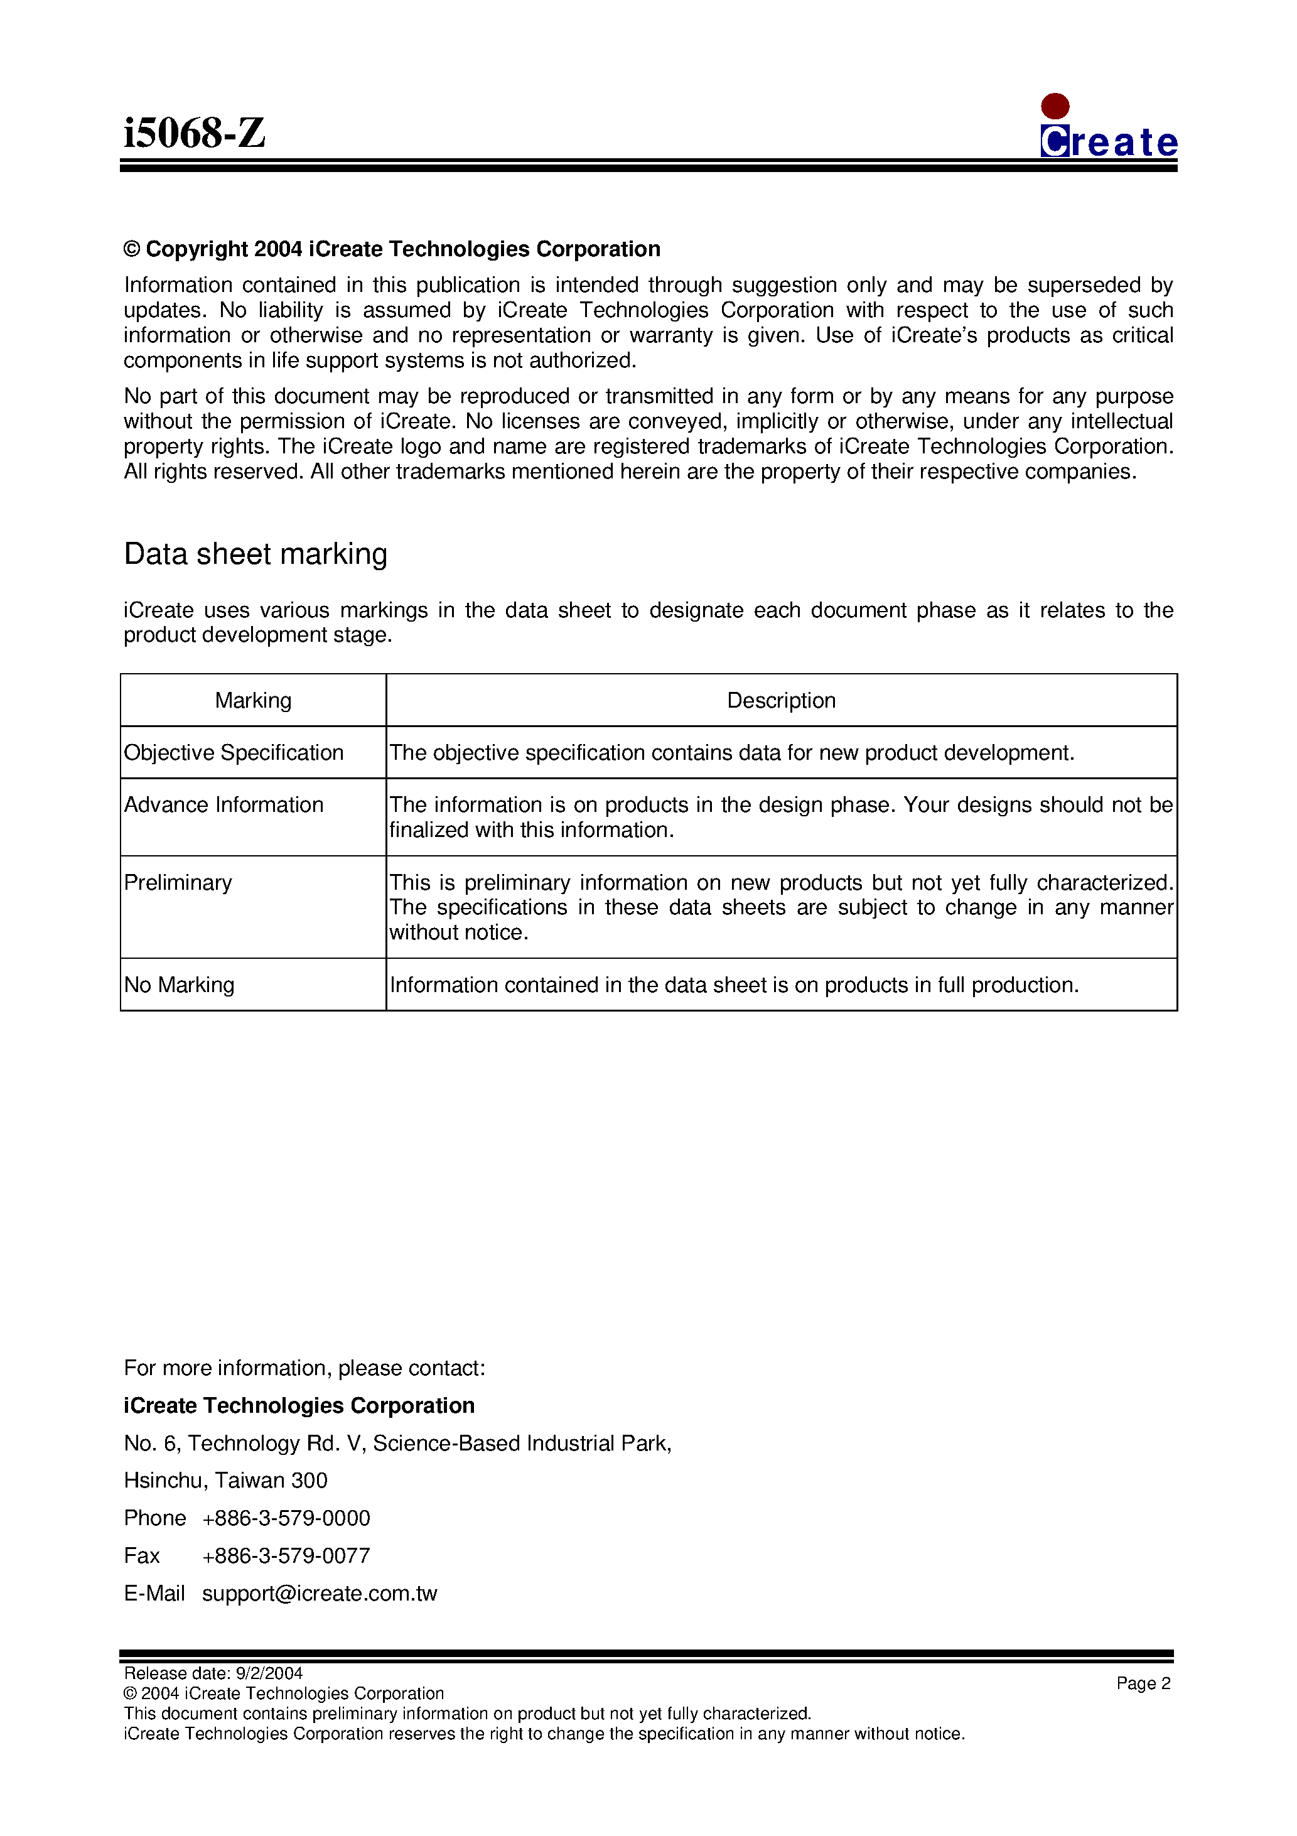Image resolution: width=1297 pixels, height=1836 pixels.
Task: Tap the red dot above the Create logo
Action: point(1055,106)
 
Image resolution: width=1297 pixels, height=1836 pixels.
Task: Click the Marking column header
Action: point(253,701)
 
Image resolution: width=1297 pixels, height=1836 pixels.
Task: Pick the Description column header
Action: point(780,701)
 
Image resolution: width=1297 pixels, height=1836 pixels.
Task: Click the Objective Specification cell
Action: point(234,752)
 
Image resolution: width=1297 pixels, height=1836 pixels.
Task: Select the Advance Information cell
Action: point(224,804)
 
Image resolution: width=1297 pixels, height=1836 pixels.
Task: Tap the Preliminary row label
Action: point(178,882)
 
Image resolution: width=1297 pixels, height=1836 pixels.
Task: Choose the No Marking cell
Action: point(179,985)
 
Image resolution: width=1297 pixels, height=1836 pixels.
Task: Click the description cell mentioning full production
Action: point(733,985)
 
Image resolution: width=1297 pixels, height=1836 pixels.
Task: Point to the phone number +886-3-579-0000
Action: point(286,1518)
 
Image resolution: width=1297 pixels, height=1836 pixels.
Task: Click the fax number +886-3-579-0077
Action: point(286,1555)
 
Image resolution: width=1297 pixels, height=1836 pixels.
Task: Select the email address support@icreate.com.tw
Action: point(319,1593)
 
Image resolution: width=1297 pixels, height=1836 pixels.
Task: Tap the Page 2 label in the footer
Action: point(1143,1682)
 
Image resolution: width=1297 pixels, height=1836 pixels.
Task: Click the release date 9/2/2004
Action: point(269,1673)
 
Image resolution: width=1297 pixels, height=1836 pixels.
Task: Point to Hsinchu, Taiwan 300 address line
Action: point(225,1480)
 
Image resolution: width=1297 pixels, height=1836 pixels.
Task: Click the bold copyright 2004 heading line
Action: point(392,249)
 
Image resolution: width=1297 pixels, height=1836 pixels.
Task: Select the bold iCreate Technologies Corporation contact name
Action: point(299,1405)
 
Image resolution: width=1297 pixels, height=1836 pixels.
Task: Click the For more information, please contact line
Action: point(304,1368)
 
